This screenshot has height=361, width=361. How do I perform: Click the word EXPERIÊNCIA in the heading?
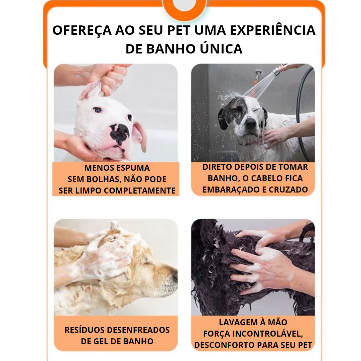273,30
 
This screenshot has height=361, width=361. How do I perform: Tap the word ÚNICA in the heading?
221,48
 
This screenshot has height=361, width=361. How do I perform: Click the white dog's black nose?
119,133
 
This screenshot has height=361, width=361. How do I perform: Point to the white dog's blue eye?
97,110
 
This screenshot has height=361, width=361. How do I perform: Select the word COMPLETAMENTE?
139,191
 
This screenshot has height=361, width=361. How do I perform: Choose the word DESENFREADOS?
138,330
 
